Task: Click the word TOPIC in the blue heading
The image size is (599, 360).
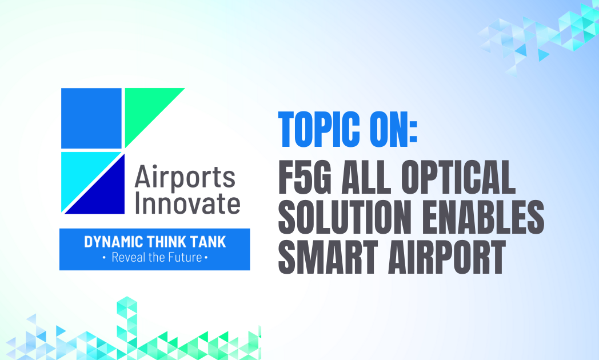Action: coord(319,129)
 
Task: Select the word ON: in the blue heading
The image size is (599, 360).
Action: coord(393,129)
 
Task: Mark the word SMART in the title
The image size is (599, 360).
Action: coord(328,257)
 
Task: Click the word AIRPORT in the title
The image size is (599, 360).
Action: coord(446,257)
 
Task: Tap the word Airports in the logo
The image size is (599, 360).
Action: coord(185,177)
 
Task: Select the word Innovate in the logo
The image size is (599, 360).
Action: coord(187,203)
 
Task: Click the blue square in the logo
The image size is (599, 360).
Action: coord(91,118)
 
